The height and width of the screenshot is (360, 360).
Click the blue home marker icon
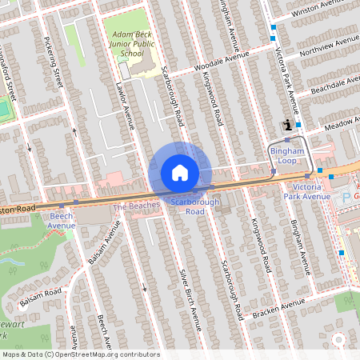point(180,173)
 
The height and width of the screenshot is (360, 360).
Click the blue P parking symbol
point(346,196)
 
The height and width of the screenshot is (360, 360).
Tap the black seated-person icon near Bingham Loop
point(287,124)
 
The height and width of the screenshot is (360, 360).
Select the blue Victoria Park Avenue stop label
point(306,192)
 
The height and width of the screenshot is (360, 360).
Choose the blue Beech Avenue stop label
point(62,220)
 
